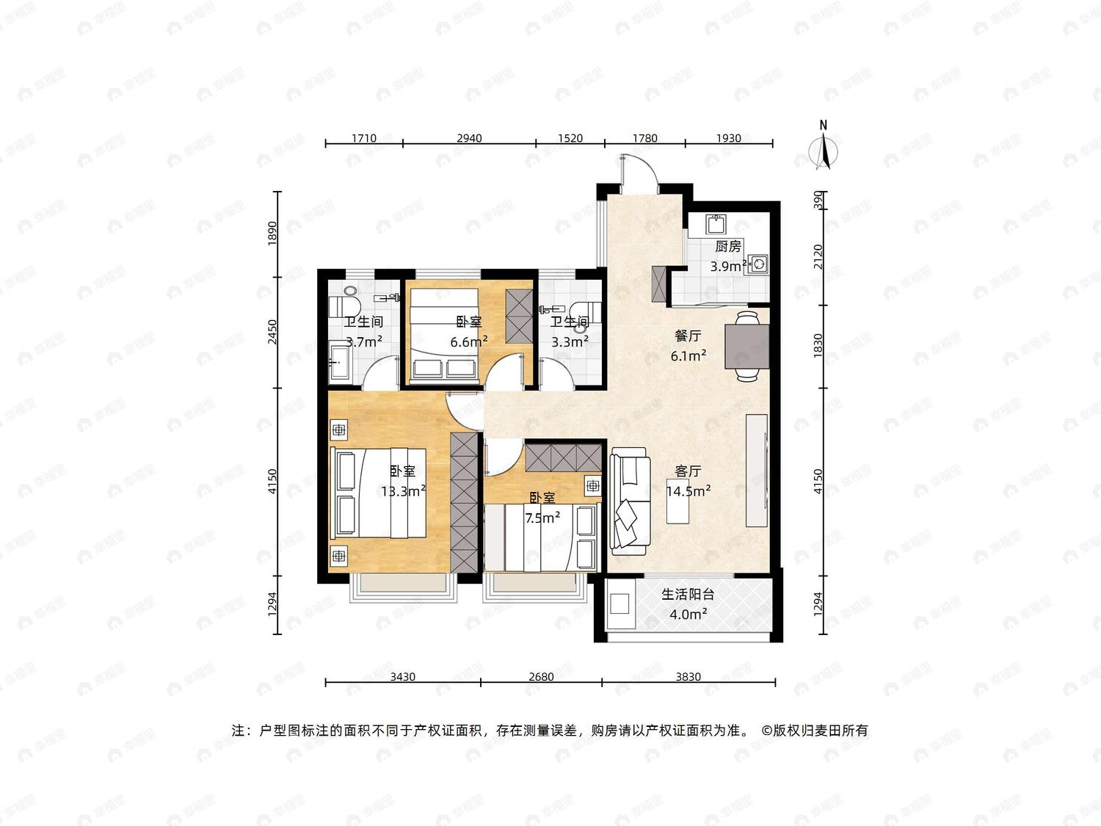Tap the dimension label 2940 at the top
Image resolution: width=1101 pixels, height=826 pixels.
pyautogui.click(x=469, y=138)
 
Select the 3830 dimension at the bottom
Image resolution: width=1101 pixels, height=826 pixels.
pyautogui.click(x=688, y=676)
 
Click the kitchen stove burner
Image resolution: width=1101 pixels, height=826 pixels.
pyautogui.click(x=758, y=264)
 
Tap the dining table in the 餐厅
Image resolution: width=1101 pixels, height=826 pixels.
pyautogui.click(x=747, y=346)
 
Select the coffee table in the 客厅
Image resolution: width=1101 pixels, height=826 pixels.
pyautogui.click(x=677, y=501)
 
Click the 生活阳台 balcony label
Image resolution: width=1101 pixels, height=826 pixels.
pyautogui.click(x=688, y=594)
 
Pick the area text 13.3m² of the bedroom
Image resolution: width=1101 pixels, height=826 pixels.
pyautogui.click(x=403, y=491)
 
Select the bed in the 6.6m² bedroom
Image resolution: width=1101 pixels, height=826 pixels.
pyautogui.click(x=443, y=333)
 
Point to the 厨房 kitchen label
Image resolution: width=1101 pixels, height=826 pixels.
pyautogui.click(x=728, y=246)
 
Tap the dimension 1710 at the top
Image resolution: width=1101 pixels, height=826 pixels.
pyautogui.click(x=363, y=138)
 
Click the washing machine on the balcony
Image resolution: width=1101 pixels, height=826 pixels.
pyautogui.click(x=620, y=604)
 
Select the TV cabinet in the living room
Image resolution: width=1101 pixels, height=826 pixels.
pyautogui.click(x=757, y=471)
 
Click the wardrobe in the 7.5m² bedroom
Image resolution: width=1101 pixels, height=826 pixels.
pyautogui.click(x=563, y=457)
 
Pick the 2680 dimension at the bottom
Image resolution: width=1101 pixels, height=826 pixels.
pyautogui.click(x=541, y=676)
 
